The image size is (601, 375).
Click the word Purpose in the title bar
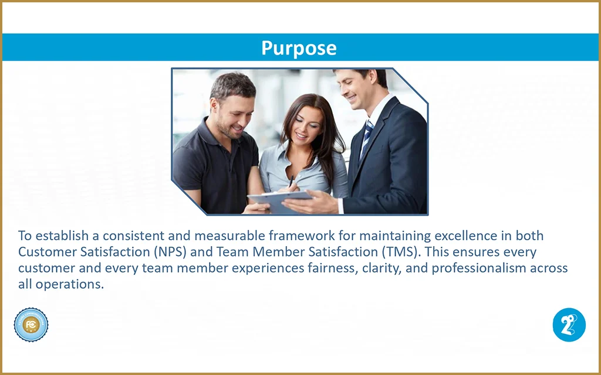coord(299,48)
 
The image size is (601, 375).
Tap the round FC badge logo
coord(31,325)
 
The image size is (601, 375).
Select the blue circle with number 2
coord(569,325)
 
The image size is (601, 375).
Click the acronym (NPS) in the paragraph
coord(170,252)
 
